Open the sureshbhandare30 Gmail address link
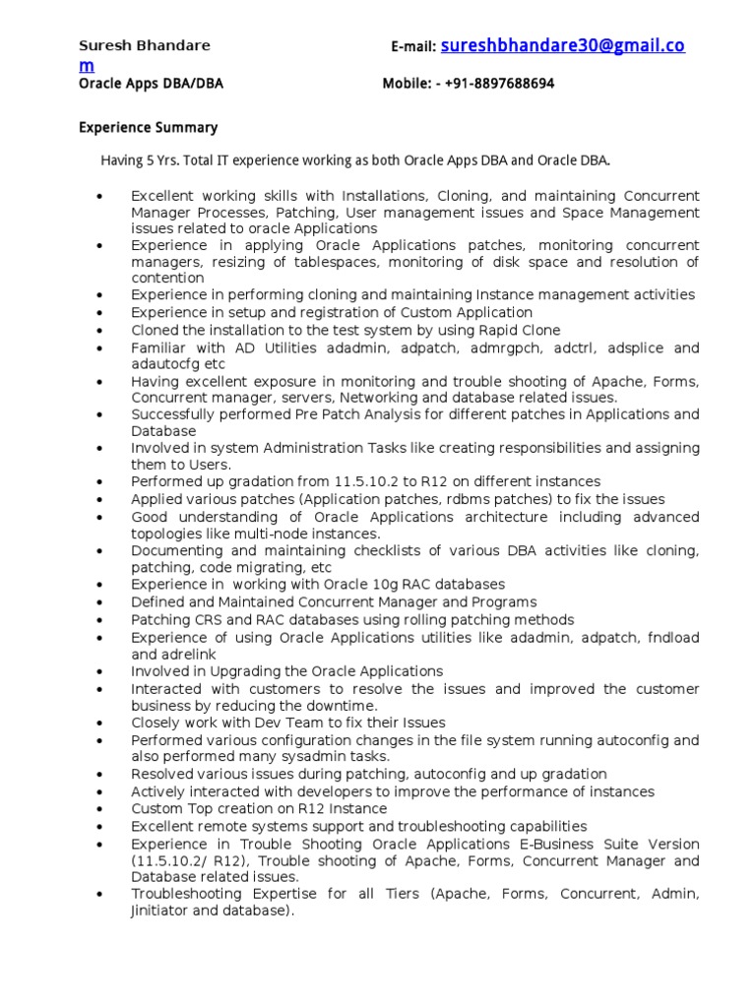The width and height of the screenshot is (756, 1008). coord(562,45)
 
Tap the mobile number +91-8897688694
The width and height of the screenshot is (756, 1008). coord(499,84)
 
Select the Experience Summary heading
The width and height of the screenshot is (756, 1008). coord(148,128)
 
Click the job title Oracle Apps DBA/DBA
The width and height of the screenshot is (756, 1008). coord(151,84)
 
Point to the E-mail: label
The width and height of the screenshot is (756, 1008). coord(413,47)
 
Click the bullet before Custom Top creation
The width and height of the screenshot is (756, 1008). coord(101,809)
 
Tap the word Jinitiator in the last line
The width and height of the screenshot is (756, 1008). coord(163,911)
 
